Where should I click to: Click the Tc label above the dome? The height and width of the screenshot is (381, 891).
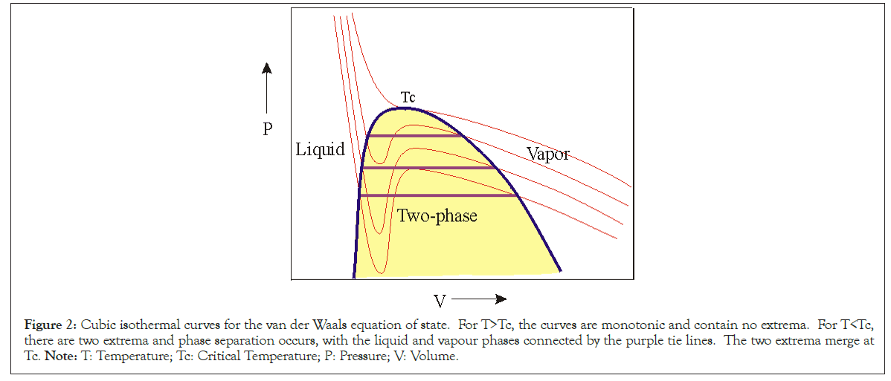pos(408,98)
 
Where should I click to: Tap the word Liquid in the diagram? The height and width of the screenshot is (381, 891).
pos(320,149)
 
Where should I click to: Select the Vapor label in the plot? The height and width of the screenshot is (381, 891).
pos(547,154)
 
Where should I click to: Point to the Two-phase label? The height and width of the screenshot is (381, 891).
pos(437,216)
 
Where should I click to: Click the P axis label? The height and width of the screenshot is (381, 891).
pos(268,130)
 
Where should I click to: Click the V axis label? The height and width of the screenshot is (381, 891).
pos(440,301)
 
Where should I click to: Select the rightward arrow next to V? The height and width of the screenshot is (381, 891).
pos(479,299)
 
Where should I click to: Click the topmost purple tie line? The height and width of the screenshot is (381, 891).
pos(414,135)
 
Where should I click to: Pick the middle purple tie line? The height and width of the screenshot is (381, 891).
pos(428,168)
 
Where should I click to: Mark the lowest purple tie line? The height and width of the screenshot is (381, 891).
pos(437,195)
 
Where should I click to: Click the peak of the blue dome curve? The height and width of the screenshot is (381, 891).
pos(402,108)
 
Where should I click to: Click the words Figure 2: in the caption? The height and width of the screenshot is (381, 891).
pos(51,325)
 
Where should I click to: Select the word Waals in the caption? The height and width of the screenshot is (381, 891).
pos(349,325)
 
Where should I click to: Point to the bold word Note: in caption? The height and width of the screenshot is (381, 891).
pos(57,356)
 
